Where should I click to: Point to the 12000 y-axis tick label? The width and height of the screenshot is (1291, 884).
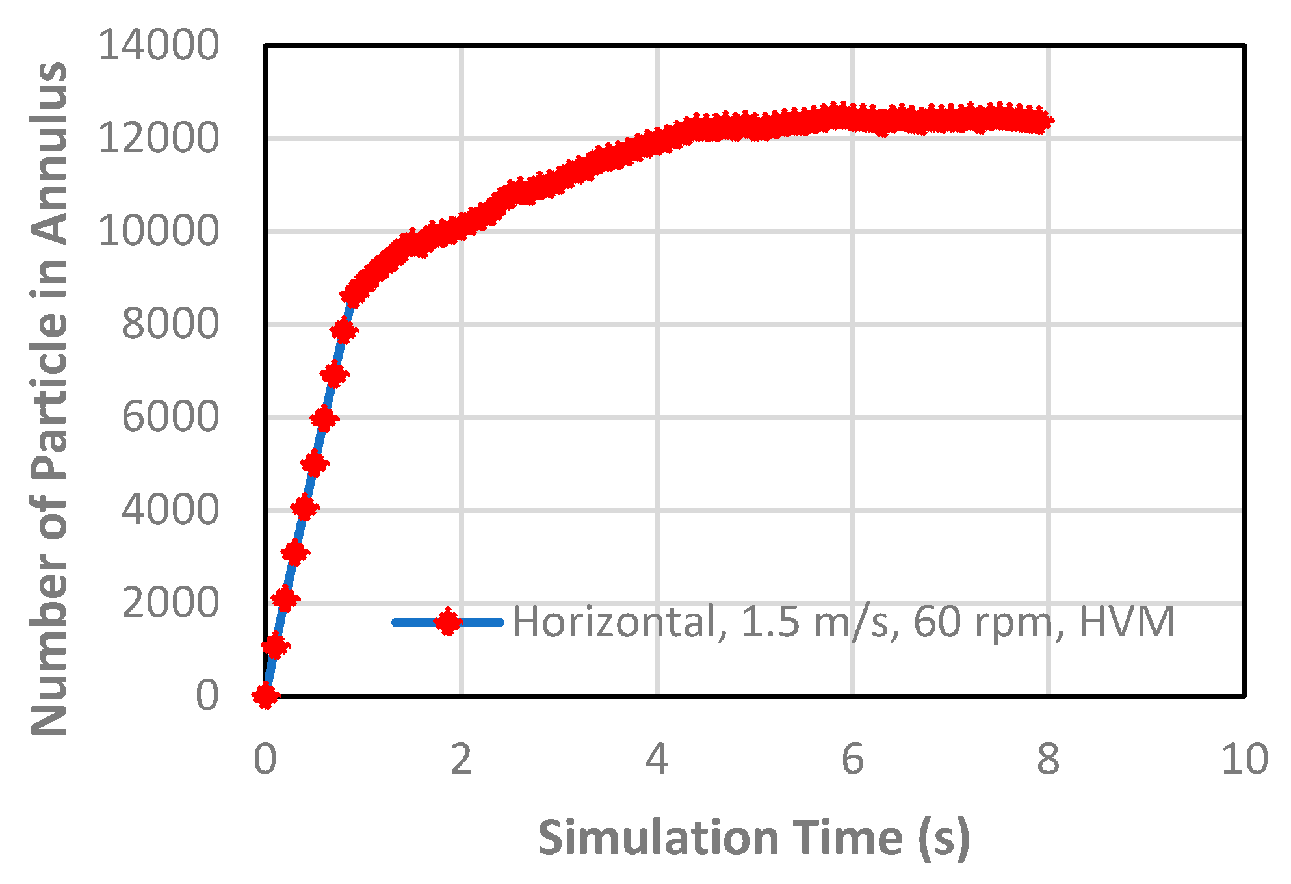[x=159, y=138]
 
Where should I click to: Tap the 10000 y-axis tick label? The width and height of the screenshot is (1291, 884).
[x=159, y=231]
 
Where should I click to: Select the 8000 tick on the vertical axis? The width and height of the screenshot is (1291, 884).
[x=170, y=324]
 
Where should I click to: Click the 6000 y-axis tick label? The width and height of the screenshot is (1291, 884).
[x=170, y=417]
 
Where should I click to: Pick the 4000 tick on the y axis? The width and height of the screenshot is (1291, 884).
[x=170, y=510]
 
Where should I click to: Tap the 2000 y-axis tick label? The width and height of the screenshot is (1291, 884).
[x=170, y=603]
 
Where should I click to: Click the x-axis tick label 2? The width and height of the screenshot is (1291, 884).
[x=461, y=759]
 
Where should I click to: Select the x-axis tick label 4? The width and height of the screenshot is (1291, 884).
[x=657, y=759]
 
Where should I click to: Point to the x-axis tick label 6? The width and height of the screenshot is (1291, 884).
[x=853, y=759]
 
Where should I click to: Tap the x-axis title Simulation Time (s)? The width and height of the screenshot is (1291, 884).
[x=754, y=838]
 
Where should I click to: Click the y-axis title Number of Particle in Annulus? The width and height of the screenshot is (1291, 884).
[x=49, y=398]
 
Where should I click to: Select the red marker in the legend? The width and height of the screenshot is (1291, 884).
[x=447, y=622]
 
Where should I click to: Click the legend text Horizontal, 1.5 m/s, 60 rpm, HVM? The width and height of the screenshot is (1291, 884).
[x=844, y=622]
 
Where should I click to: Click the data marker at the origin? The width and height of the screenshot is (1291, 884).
[x=265, y=695]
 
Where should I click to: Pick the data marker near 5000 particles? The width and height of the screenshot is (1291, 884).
[x=315, y=464]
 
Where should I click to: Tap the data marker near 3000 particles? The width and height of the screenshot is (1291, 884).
[x=295, y=553]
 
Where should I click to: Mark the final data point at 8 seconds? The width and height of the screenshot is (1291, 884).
[x=1043, y=120]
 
